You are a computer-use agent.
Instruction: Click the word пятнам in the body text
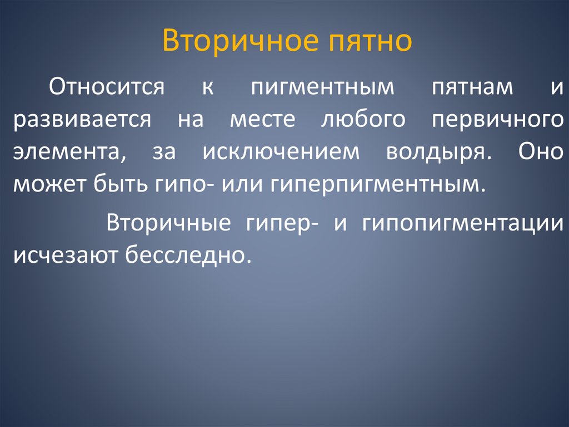[472, 88]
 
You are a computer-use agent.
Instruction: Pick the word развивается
[82, 120]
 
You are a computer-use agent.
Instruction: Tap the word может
[47, 184]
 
